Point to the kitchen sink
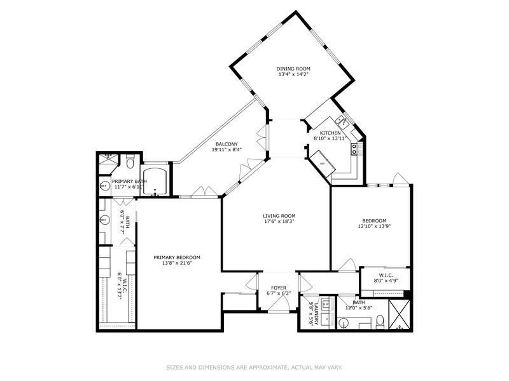point(342,120)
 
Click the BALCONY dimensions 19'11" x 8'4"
point(227,150)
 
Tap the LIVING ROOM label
point(279,216)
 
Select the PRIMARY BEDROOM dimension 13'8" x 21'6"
point(177,263)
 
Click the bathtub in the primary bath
point(155,181)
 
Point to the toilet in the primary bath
point(129,163)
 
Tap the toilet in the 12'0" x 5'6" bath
point(380,323)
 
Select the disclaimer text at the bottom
point(254,366)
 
